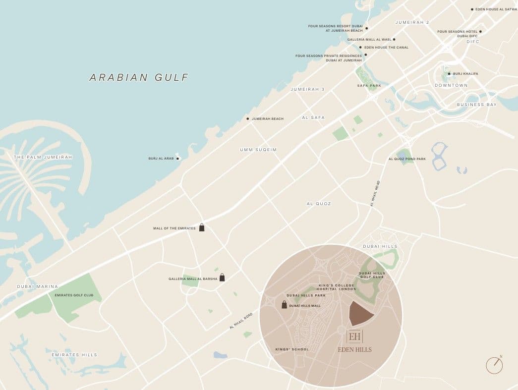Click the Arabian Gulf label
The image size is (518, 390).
click(139, 77)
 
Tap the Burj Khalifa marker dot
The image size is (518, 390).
click(449, 74)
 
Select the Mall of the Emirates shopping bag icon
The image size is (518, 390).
click(202, 227)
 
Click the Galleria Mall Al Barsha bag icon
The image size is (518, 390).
click(222, 278)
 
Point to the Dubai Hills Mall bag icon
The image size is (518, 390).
click(284, 305)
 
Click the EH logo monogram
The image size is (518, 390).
click(354, 336)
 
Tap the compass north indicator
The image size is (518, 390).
click(495, 365)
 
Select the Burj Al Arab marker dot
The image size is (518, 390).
click(178, 159)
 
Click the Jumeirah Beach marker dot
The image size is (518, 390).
click(248, 119)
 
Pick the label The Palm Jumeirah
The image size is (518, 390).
click(43, 157)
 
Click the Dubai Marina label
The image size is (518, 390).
click(38, 286)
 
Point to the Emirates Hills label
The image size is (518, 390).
click(74, 355)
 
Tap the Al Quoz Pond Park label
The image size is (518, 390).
click(407, 159)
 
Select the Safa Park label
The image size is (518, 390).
click(369, 85)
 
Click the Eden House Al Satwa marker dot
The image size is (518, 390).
click(472, 9)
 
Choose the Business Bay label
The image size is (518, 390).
click(476, 105)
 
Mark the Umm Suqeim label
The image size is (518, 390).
click(258, 150)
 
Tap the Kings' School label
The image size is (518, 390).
click(292, 349)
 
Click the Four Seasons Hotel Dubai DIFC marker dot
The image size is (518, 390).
click(480, 32)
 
